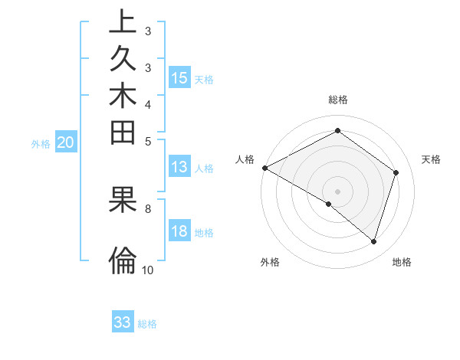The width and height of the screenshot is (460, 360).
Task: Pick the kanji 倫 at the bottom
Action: pyautogui.click(x=123, y=260)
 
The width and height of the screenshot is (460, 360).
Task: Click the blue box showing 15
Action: pyautogui.click(x=179, y=77)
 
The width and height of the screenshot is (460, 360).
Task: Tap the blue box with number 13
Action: pyautogui.click(x=179, y=167)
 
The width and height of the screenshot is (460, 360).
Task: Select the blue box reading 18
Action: pyautogui.click(x=179, y=231)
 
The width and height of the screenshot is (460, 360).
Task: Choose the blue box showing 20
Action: pyautogui.click(x=66, y=142)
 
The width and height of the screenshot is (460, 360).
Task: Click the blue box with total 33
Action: pyautogui.click(x=123, y=322)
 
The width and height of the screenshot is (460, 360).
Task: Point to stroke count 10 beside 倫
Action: pyautogui.click(x=148, y=270)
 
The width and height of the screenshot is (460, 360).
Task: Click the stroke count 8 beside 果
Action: pyautogui.click(x=148, y=208)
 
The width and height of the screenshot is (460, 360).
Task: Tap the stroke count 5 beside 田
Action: pyautogui.click(x=148, y=140)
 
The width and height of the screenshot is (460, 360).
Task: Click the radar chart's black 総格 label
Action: pyautogui.click(x=338, y=100)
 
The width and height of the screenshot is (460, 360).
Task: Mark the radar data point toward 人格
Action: pyautogui.click(x=264, y=167)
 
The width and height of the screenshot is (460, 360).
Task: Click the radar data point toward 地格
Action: pyautogui.click(x=373, y=241)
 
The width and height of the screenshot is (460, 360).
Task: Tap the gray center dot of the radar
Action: pyautogui.click(x=338, y=191)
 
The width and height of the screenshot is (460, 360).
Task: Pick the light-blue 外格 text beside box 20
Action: pyautogui.click(x=41, y=143)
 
